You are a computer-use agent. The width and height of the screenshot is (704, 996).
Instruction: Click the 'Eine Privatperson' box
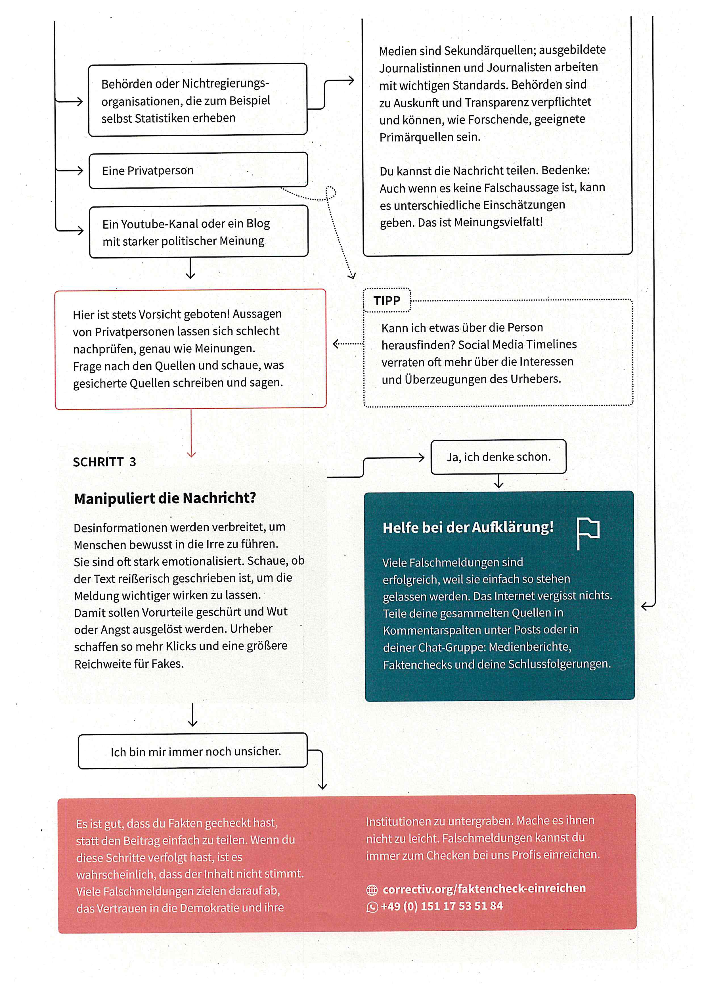[198, 170]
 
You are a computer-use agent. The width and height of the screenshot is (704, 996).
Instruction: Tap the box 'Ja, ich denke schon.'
[498, 457]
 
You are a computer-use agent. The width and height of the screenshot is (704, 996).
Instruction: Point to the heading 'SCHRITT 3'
[104, 462]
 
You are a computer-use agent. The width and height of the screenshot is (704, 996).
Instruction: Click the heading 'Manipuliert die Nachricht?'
[165, 498]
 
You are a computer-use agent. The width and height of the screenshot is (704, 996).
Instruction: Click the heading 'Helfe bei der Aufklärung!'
[468, 527]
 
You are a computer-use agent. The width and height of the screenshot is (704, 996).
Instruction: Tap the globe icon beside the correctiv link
[372, 890]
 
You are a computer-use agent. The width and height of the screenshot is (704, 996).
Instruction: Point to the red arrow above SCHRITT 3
[191, 434]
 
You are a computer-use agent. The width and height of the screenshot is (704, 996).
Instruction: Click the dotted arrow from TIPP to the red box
[348, 344]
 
